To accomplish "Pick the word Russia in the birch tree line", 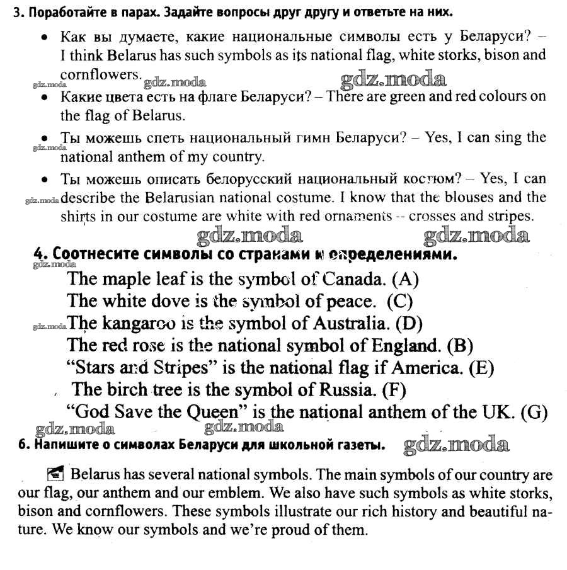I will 350,390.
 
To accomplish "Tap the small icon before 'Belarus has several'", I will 55,474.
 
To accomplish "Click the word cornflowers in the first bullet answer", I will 98,73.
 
